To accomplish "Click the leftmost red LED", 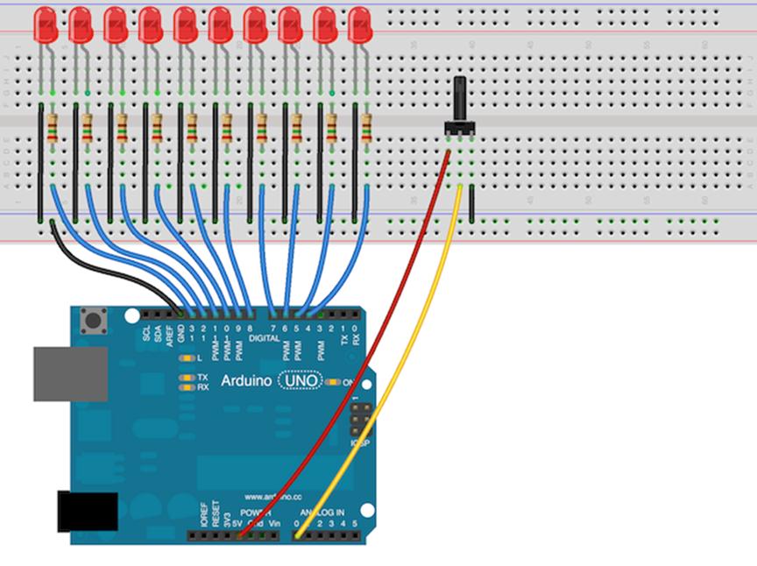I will point(46,24).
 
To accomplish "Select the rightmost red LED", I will point(360,24).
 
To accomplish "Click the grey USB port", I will point(70,373).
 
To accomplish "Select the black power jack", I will point(87,511).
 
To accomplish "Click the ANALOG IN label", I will point(322,512).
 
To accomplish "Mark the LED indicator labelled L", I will point(187,358).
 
